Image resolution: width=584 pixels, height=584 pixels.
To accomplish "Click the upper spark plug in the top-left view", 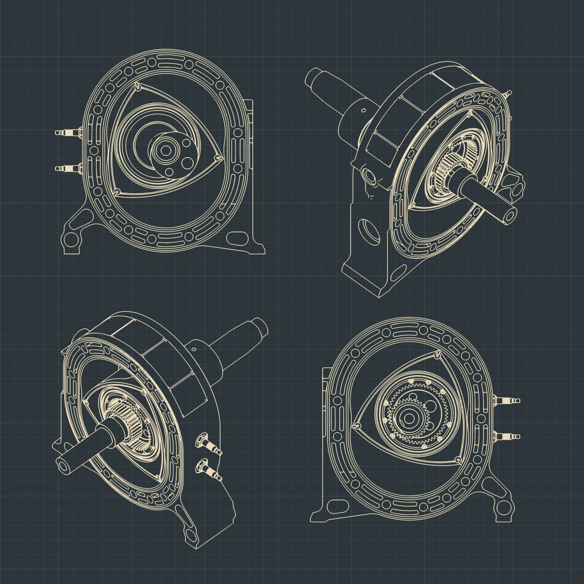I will tap(68, 132).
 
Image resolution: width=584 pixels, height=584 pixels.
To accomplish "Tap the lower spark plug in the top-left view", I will tap(68, 168).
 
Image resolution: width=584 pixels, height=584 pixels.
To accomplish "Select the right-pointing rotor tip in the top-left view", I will tap(220, 158).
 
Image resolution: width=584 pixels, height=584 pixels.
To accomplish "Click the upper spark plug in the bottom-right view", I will tap(507, 401).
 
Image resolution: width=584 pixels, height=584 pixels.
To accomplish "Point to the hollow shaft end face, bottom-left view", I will tap(62, 465).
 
